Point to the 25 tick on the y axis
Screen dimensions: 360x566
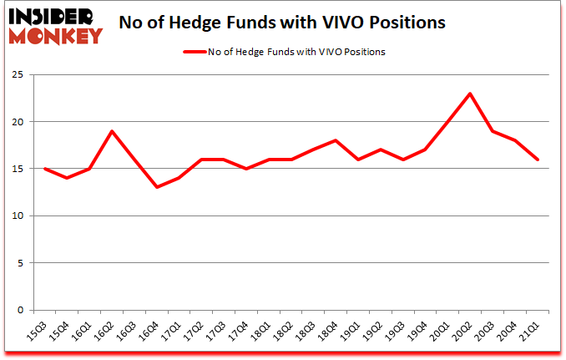click(x=18, y=75)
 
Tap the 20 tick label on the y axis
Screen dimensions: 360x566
click(x=18, y=122)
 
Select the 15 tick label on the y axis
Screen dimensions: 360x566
click(x=18, y=170)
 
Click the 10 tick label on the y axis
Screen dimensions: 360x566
click(x=18, y=216)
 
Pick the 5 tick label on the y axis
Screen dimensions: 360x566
click(x=20, y=263)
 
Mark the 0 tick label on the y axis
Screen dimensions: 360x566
click(x=20, y=310)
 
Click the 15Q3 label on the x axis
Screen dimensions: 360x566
click(x=35, y=330)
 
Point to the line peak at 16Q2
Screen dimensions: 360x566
click(x=113, y=131)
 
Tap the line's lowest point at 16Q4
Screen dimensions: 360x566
click(x=158, y=187)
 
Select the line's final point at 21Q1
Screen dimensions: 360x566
click(x=538, y=160)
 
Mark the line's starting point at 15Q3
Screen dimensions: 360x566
click(x=44, y=169)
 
